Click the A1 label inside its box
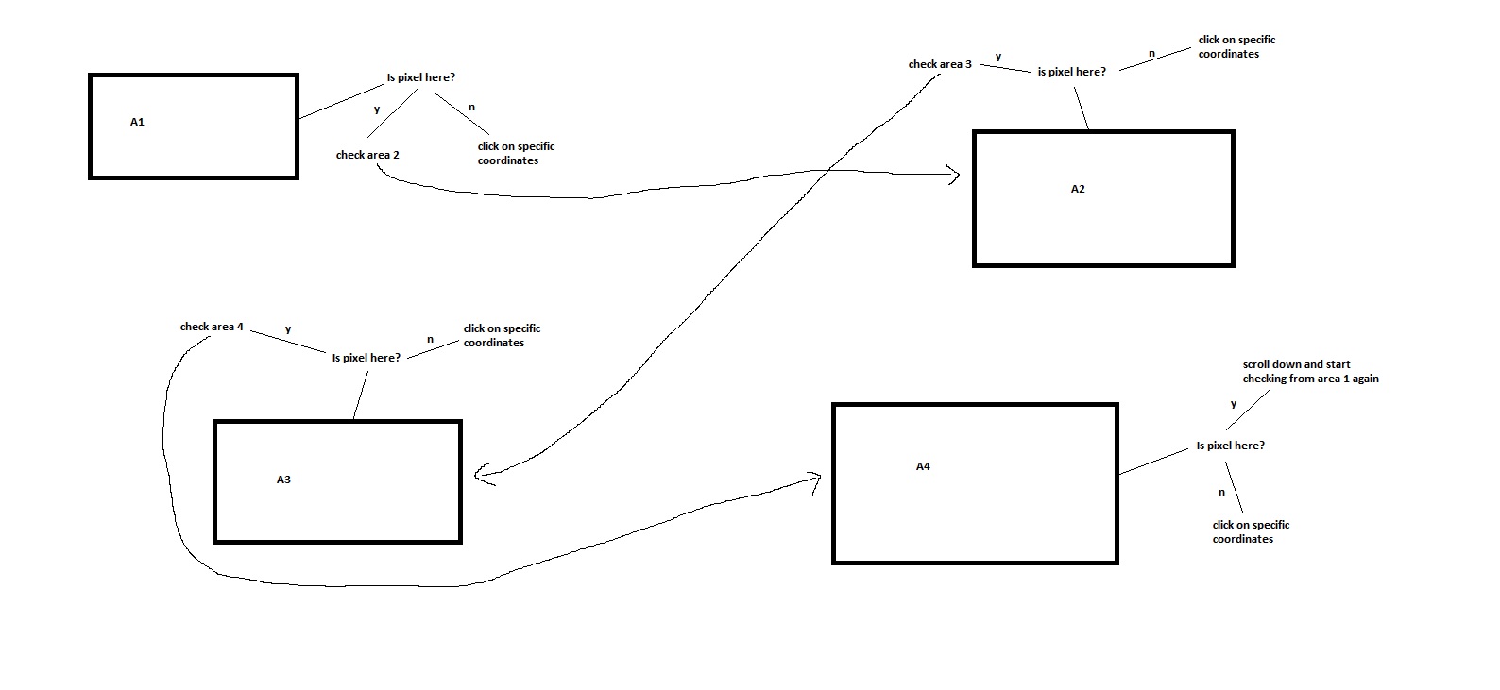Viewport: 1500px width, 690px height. [137, 122]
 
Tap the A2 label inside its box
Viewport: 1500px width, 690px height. [1078, 189]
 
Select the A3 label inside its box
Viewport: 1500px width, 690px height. [283, 480]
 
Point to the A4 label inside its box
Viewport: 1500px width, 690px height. [923, 466]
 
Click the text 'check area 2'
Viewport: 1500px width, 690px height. [367, 155]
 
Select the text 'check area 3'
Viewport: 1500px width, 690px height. [940, 64]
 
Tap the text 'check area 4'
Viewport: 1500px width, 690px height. [212, 327]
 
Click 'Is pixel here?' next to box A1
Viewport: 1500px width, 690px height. [421, 77]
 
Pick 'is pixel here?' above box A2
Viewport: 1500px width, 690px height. [1071, 72]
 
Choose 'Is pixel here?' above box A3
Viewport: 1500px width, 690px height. [366, 358]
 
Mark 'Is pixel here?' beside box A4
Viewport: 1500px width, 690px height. [1230, 446]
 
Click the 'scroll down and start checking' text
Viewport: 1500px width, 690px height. [1310, 371]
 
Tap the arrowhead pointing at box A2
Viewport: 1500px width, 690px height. [955, 175]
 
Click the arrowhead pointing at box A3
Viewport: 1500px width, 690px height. [480, 475]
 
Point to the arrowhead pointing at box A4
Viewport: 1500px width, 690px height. [816, 480]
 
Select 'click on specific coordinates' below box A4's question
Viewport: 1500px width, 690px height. [1251, 531]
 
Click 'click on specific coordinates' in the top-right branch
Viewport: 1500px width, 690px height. [1236, 46]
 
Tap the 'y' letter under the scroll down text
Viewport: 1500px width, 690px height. [1234, 404]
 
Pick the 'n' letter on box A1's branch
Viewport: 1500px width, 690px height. [472, 108]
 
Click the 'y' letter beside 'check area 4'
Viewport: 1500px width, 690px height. [288, 329]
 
